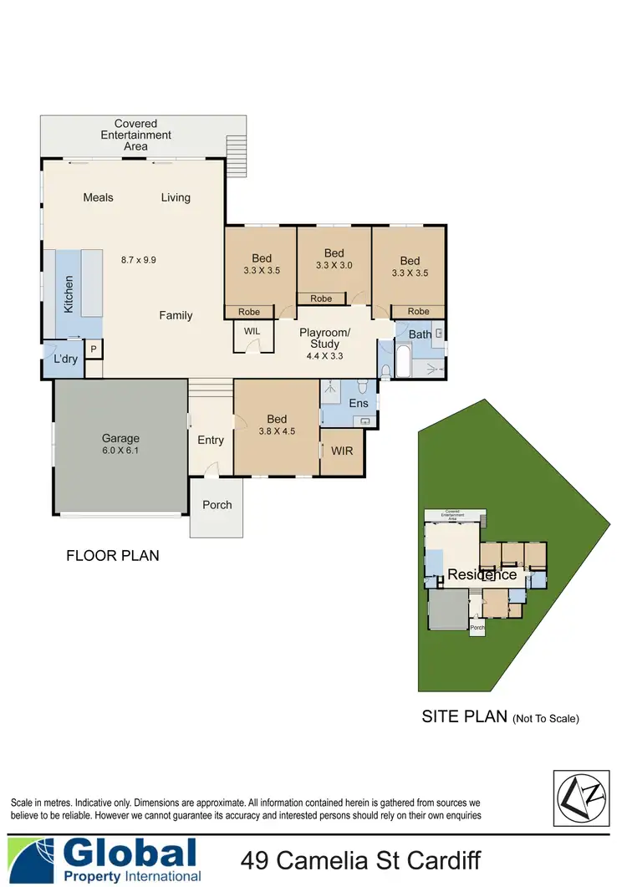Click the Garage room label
click(x=120, y=438)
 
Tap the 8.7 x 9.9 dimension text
click(x=139, y=260)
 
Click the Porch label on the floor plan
click(x=217, y=505)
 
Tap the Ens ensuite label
click(x=359, y=404)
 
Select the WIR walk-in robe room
click(x=342, y=451)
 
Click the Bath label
click(x=420, y=334)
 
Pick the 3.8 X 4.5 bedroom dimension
click(x=277, y=433)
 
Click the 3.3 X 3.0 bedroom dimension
click(x=334, y=266)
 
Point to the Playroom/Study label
click(x=324, y=338)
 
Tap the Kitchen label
click(x=69, y=294)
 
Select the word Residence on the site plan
click(x=482, y=575)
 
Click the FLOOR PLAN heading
click(x=112, y=555)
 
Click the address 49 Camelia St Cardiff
click(x=360, y=859)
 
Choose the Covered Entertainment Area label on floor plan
click(x=135, y=135)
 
